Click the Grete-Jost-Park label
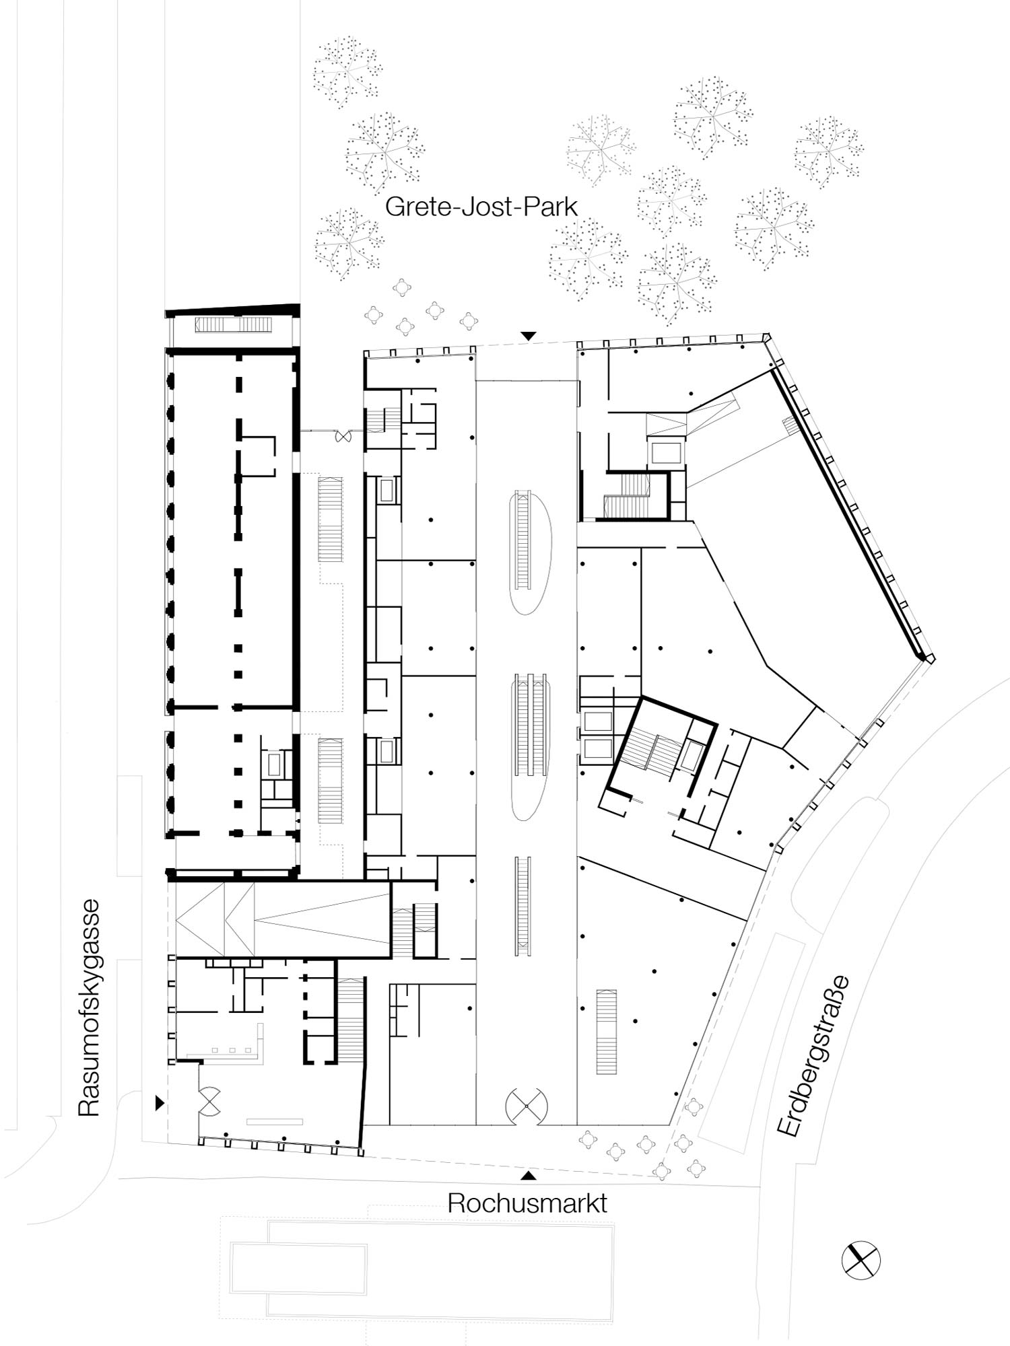point(481,206)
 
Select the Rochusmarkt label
point(527,1203)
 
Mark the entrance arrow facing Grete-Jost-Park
point(529,335)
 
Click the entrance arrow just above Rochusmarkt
point(529,1176)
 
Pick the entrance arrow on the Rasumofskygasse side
point(160,1102)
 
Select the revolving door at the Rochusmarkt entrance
point(526,1106)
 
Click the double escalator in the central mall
point(531,725)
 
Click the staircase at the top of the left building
point(234,325)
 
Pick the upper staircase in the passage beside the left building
point(331,519)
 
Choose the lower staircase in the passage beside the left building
point(329,781)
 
